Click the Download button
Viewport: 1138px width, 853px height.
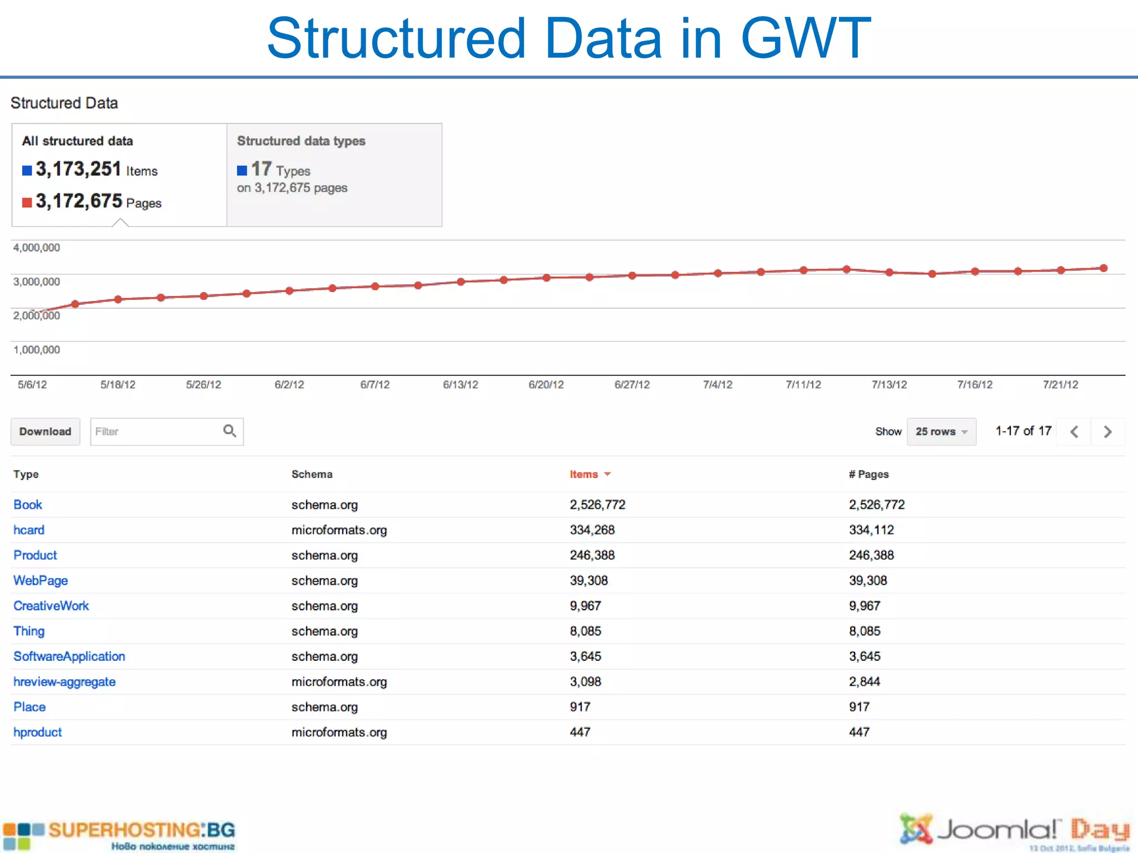tap(45, 431)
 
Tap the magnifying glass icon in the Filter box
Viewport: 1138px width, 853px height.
tap(229, 431)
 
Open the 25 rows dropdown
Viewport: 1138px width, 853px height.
tap(941, 431)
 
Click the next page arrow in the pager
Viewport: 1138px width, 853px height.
tap(1107, 431)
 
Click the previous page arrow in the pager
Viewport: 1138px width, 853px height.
tap(1074, 431)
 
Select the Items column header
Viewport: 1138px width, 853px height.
tap(584, 474)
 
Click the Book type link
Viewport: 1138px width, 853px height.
tap(28, 505)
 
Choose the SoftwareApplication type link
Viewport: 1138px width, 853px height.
tap(69, 656)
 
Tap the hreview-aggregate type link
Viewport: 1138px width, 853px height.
tap(64, 682)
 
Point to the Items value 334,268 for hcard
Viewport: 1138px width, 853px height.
tap(592, 530)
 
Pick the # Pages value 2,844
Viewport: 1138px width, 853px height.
tap(865, 682)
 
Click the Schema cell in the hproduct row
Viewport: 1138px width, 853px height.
tap(339, 732)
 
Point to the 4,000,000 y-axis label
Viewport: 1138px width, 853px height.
tap(37, 248)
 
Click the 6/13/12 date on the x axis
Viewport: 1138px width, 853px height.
tap(460, 385)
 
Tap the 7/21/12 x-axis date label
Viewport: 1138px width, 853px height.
tap(1060, 385)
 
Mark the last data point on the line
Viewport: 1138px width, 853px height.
tap(1104, 268)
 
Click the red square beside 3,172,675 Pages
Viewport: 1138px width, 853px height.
tap(27, 202)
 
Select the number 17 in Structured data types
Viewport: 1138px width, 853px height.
tap(261, 169)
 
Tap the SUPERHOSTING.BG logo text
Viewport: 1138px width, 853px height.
tap(142, 830)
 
